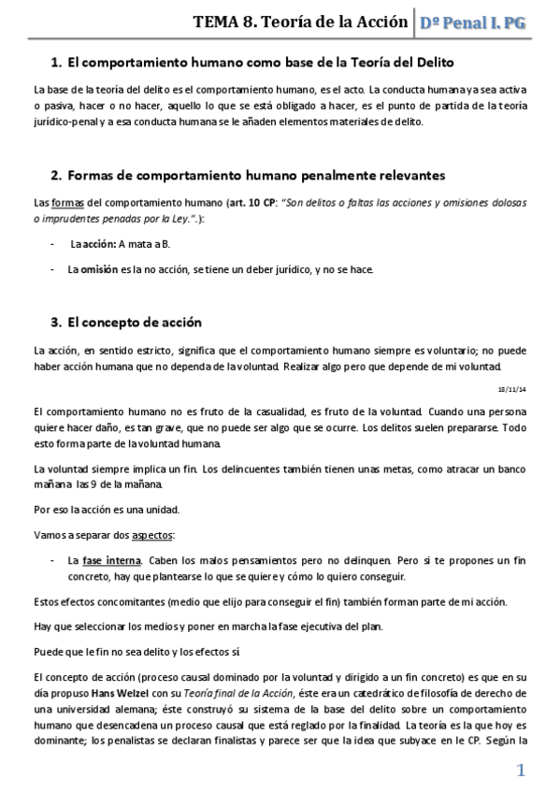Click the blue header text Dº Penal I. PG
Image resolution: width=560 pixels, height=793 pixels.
click(473, 23)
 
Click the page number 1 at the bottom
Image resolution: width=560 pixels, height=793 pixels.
click(521, 771)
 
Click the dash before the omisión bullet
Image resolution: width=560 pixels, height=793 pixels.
click(52, 269)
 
